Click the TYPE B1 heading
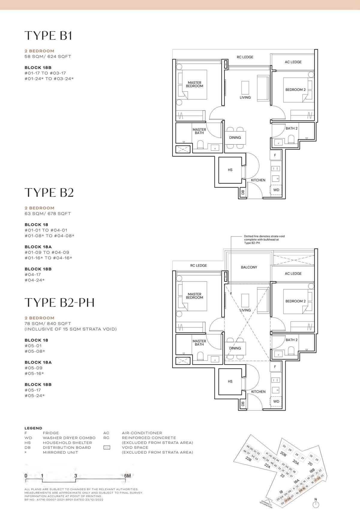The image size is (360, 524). click(48, 35)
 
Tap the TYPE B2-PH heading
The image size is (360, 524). click(59, 303)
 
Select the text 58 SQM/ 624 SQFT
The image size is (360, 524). click(48, 56)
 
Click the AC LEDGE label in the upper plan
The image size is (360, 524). click(293, 62)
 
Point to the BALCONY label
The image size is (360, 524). click(249, 267)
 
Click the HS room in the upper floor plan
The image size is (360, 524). click(230, 170)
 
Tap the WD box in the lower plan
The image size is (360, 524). click(276, 401)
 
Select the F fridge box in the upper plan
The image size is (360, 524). click(275, 155)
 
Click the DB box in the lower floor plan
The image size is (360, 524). click(243, 404)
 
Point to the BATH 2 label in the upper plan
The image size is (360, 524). click(292, 128)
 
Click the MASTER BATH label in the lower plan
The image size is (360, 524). click(199, 343)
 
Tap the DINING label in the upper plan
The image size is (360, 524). click(235, 138)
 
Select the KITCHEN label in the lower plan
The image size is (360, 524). click(258, 392)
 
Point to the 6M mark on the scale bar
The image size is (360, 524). click(127, 476)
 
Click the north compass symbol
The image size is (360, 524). click(316, 505)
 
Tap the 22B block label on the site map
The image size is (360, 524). click(248, 459)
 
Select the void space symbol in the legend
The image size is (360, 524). click(106, 447)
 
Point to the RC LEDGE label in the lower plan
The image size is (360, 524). click(199, 266)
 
